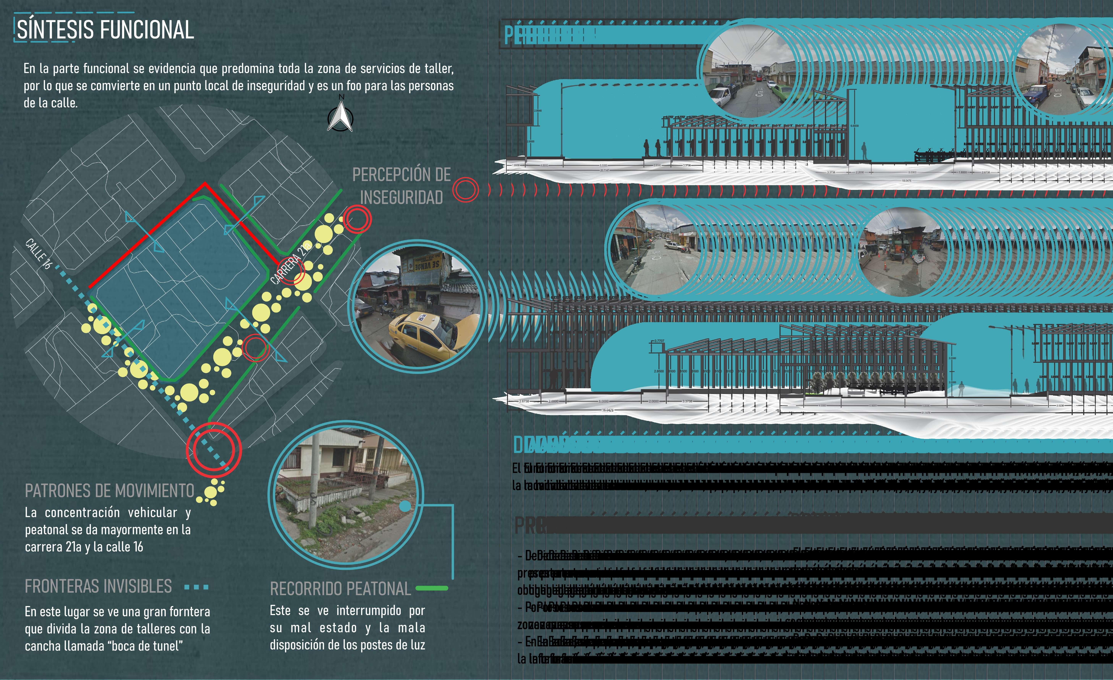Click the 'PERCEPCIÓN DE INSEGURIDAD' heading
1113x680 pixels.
pos(401,186)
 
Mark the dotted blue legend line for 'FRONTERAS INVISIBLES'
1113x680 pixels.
pos(197,587)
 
